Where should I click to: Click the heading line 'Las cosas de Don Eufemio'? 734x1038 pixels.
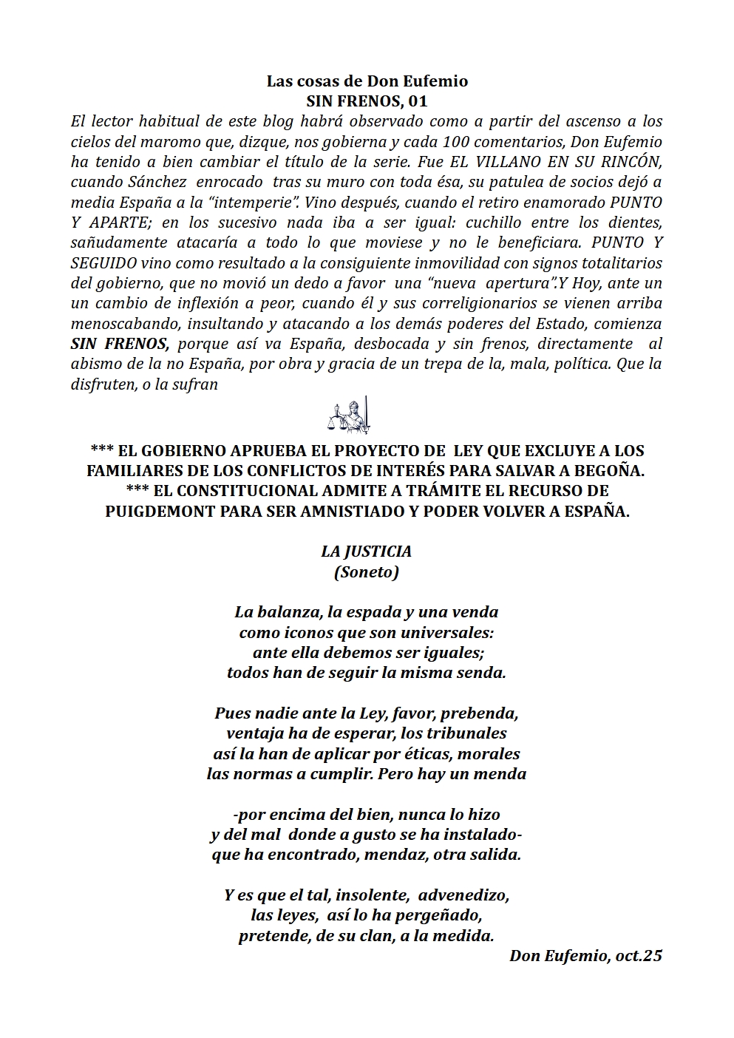point(367,81)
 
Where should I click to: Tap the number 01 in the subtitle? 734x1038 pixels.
point(418,101)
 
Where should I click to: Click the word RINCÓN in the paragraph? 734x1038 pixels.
point(635,162)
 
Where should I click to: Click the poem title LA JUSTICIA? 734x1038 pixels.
point(366,552)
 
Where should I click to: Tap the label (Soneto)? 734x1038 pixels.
point(366,571)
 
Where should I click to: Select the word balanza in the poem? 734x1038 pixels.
point(288,612)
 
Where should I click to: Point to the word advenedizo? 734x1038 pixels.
point(463,895)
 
